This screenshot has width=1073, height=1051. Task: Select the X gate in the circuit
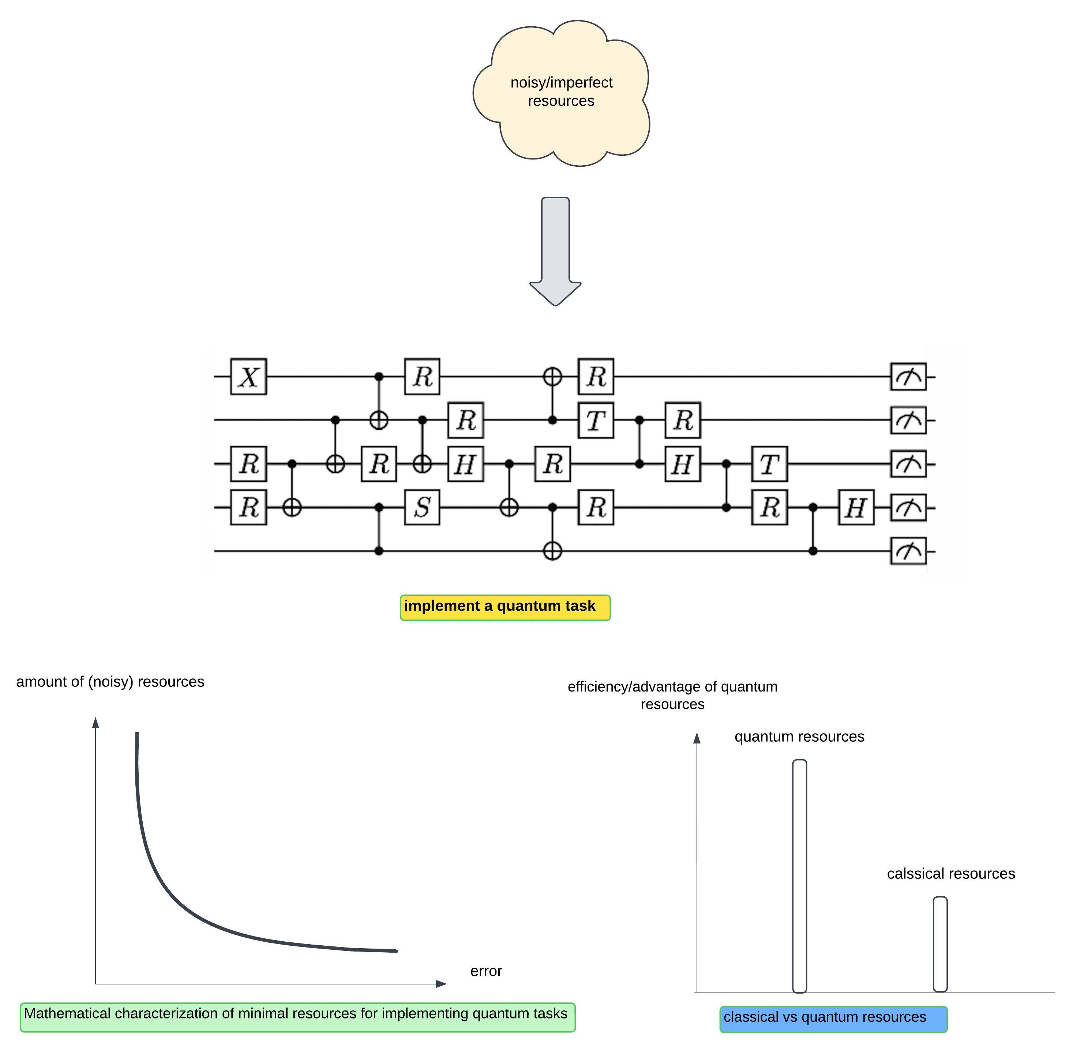pos(248,377)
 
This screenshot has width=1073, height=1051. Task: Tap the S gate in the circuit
pos(422,507)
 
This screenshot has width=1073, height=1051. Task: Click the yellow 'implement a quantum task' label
pos(505,607)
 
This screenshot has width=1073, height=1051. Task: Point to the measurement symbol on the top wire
pos(908,377)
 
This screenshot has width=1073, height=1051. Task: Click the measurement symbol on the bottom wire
pos(908,551)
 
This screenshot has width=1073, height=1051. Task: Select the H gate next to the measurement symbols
pos(856,507)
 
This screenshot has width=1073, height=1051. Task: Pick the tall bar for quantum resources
pos(799,875)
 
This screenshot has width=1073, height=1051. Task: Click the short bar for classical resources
pos(940,944)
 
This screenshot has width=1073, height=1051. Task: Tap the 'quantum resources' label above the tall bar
pos(799,737)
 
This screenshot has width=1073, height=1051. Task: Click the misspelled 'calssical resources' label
pos(950,874)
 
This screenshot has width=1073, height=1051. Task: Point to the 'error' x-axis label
pos(486,971)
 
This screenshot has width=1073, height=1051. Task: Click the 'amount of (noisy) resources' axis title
pos(110,682)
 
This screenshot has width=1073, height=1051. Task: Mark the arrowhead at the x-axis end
pos(441,984)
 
